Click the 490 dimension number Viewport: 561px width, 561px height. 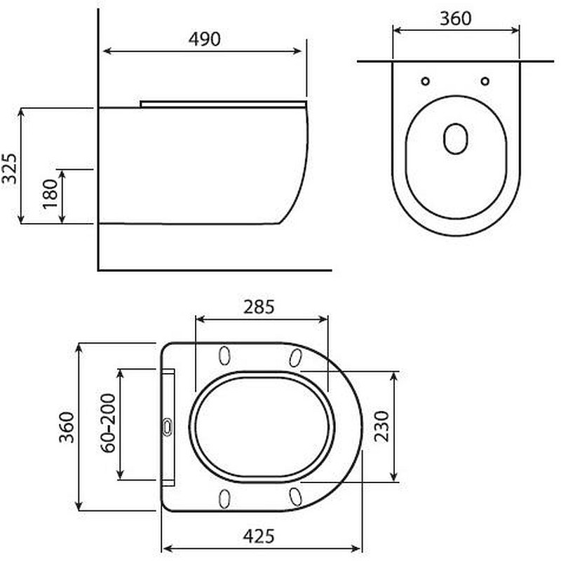[204, 39]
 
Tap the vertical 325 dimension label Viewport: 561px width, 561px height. [10, 169]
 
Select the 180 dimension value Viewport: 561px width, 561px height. [50, 194]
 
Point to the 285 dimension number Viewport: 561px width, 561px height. [259, 307]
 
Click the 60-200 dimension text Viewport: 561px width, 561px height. [108, 424]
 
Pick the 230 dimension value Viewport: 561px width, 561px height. [381, 426]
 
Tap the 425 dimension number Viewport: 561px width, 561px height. [259, 536]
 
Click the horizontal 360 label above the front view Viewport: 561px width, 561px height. [455, 19]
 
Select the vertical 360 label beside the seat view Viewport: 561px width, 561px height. [67, 428]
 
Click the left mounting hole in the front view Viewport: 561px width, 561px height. [426, 81]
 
